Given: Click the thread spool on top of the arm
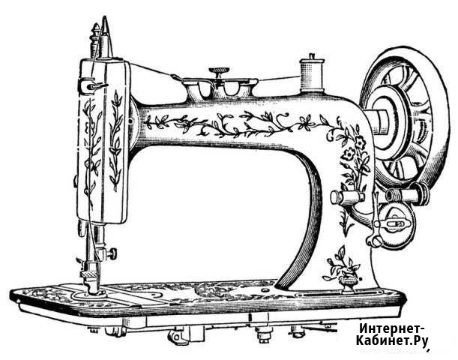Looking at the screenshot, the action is [x=312, y=73].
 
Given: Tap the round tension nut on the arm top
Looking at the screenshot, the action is [x=219, y=70].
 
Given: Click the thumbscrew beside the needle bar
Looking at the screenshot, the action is [x=112, y=253].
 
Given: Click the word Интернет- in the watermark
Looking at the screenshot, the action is [x=392, y=328].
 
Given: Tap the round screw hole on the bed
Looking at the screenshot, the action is [x=265, y=290].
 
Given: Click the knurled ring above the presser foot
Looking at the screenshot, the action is [x=89, y=274].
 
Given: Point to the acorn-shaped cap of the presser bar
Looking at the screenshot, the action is [x=95, y=30].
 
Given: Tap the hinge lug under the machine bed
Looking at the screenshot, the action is [x=176, y=335].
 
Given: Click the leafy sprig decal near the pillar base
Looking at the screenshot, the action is [x=341, y=262].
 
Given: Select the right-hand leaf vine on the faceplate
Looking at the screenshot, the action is [x=116, y=141].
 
